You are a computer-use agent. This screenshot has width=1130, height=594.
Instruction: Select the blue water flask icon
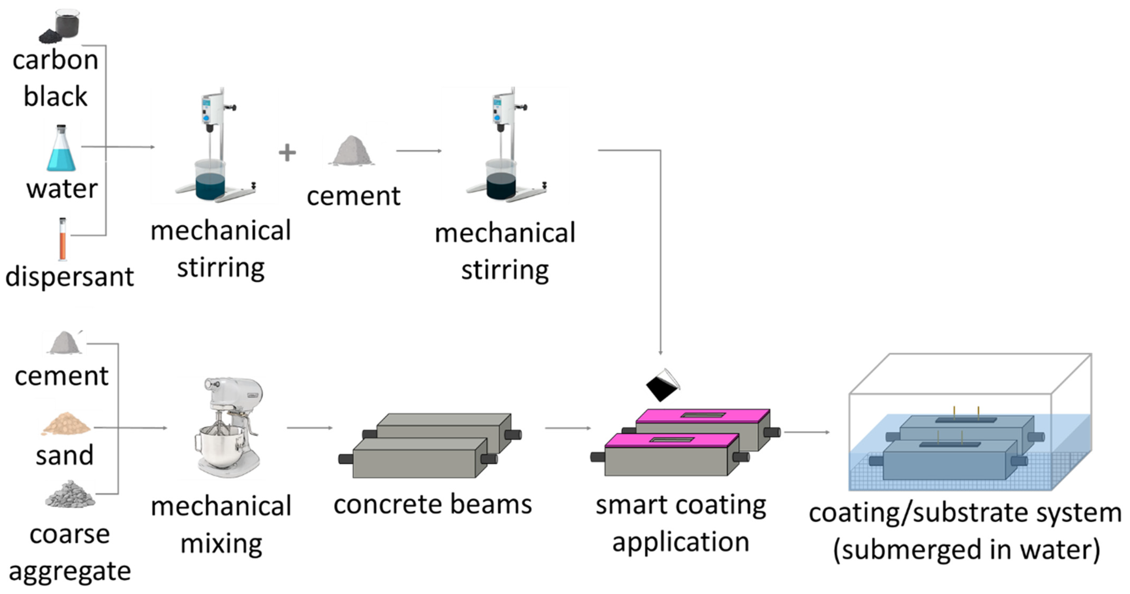point(61,150)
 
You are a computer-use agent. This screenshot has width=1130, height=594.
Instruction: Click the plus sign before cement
point(287,153)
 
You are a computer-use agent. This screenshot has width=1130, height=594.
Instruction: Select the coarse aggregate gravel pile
point(70,495)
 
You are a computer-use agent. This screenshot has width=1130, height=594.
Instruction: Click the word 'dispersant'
point(69,277)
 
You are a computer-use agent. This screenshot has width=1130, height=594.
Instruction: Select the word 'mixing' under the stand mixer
point(222,544)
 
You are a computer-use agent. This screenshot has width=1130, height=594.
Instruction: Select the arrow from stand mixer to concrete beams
point(310,428)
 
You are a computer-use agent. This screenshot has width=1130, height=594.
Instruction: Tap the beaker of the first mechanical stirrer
point(210,180)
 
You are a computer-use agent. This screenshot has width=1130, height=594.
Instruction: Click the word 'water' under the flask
point(62,189)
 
